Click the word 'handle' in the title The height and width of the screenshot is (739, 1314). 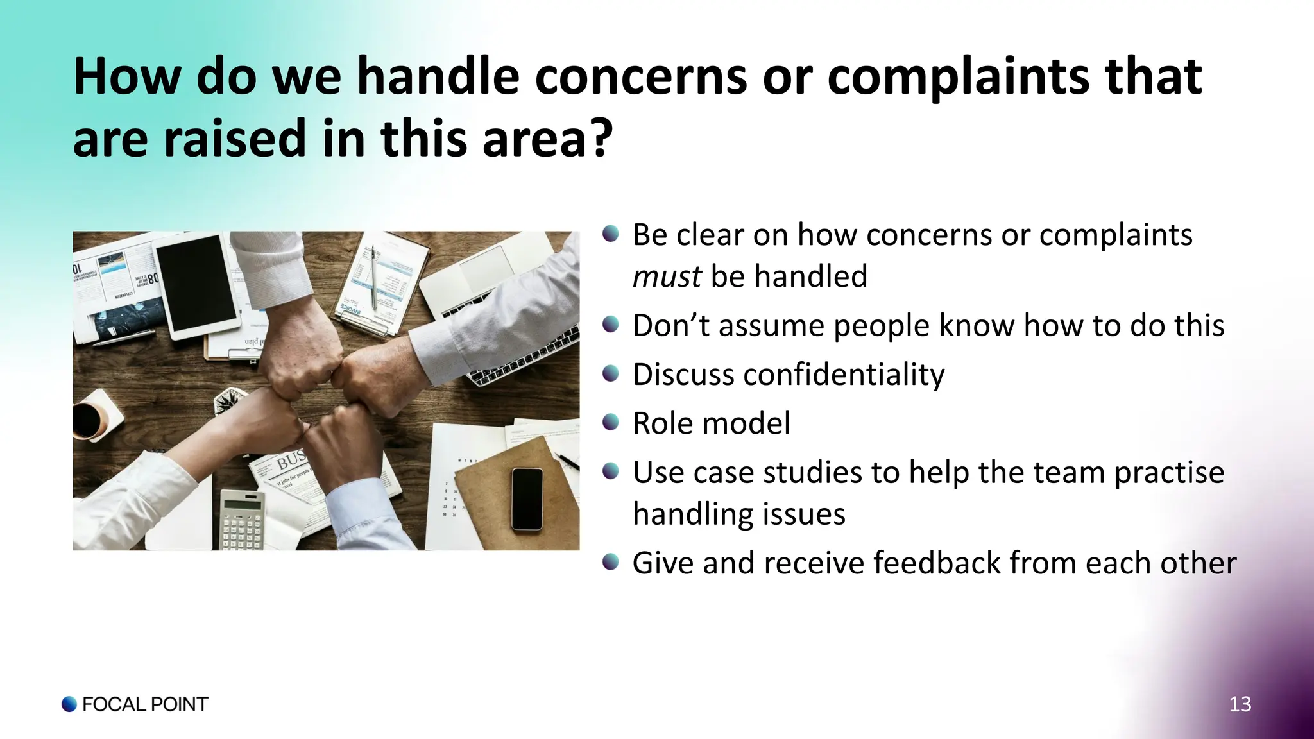tap(438, 77)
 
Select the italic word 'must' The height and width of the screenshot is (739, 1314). tap(667, 277)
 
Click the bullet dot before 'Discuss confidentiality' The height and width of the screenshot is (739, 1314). tap(611, 373)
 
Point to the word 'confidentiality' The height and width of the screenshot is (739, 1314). tap(844, 375)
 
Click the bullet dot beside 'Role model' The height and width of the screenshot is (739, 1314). tap(611, 421)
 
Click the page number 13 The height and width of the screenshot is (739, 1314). tap(1240, 704)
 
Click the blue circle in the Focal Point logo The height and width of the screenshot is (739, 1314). tap(69, 704)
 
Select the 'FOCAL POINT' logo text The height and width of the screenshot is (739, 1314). tap(145, 704)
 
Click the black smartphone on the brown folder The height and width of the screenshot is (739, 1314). tap(527, 498)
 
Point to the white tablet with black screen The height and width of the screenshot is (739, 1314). tap(197, 285)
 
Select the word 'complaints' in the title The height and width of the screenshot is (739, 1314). tap(950, 77)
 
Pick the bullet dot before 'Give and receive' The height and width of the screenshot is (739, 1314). tap(611, 562)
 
